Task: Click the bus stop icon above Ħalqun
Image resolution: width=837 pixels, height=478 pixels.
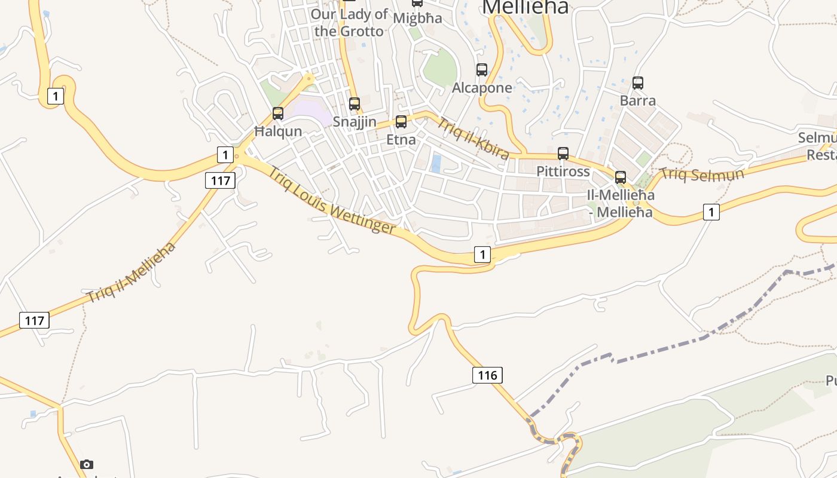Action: tap(278, 113)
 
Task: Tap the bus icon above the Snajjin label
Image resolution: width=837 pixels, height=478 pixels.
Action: tap(355, 104)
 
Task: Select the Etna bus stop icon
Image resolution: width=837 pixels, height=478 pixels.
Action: tap(401, 122)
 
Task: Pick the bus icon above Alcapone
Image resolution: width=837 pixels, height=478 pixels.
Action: tap(482, 70)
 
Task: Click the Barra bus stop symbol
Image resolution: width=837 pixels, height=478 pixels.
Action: tap(638, 83)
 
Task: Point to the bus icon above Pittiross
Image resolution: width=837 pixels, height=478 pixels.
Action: tap(563, 154)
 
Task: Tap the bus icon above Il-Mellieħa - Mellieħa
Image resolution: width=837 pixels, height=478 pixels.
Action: tap(621, 177)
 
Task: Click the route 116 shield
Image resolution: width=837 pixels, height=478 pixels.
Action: tap(487, 375)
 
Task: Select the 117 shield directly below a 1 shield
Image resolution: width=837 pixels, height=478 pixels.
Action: tap(220, 180)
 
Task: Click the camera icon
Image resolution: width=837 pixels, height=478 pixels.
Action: tap(87, 464)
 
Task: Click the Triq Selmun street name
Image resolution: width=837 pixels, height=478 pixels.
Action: tap(702, 174)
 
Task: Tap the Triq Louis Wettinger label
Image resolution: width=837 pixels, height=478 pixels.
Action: tap(331, 200)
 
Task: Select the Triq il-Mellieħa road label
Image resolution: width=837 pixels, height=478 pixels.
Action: tap(132, 272)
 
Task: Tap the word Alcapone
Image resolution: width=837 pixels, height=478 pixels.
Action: tap(482, 88)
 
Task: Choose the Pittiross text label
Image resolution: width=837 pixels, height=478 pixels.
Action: tap(563, 171)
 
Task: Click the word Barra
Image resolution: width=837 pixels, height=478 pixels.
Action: tap(638, 100)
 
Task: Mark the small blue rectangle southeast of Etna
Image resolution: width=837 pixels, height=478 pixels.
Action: tap(436, 164)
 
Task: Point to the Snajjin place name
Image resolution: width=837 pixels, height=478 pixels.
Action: tap(355, 122)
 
